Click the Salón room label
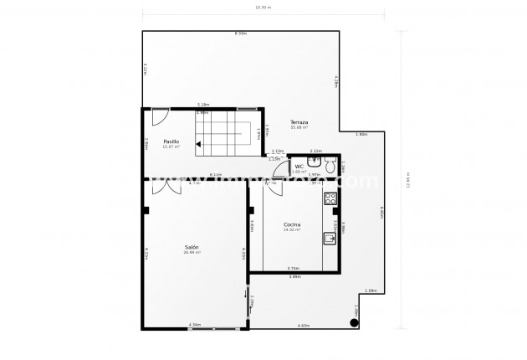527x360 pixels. [192, 247]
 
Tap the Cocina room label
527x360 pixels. [292, 224]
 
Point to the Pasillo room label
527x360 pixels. [171, 141]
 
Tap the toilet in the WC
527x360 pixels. [331, 167]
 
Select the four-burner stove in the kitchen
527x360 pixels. [330, 199]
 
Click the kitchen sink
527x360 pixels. [330, 239]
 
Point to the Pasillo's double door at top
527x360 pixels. [159, 113]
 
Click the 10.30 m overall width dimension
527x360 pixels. [263, 8]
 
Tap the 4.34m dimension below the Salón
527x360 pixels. [195, 325]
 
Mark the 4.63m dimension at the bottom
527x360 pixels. [304, 325]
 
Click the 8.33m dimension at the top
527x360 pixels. [241, 33]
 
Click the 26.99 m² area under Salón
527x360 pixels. [192, 252]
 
